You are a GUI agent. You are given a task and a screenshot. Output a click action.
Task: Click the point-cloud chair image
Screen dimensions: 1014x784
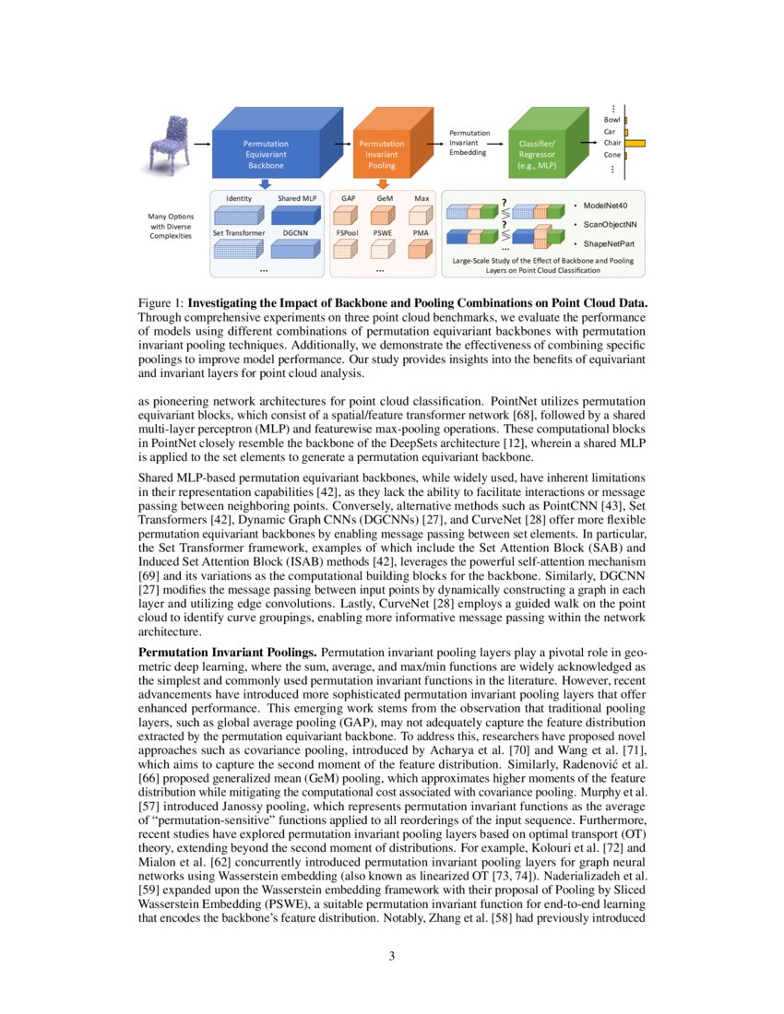(169, 143)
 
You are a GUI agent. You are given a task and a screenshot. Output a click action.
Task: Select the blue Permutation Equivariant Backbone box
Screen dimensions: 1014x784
(266, 154)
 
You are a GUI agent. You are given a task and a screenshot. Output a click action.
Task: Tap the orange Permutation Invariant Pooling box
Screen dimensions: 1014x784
(381, 154)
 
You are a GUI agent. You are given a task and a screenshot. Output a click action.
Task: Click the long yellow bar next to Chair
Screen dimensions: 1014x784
(636, 143)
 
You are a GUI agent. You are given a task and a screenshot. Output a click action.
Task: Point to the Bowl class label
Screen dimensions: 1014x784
(612, 120)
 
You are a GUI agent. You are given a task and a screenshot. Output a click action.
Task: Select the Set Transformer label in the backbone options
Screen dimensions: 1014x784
(238, 233)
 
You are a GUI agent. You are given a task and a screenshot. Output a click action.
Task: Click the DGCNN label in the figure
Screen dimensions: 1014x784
(295, 233)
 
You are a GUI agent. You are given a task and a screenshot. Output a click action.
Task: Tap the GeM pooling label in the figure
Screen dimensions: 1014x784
(385, 198)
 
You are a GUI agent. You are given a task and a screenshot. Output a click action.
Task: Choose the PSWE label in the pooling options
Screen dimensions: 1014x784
(383, 233)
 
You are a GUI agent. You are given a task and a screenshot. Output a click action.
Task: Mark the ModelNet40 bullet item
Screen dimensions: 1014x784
(609, 205)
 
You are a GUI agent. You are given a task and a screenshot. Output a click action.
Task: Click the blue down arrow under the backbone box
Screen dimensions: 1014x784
(265, 184)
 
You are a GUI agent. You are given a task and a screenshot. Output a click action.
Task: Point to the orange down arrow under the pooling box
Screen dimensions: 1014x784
(382, 184)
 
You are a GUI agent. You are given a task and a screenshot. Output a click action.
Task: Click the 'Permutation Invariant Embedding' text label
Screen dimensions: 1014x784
(469, 144)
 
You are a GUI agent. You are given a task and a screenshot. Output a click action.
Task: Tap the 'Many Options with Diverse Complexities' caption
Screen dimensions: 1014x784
(171, 226)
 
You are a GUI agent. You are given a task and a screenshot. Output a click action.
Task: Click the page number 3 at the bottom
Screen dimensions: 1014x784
(392, 956)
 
